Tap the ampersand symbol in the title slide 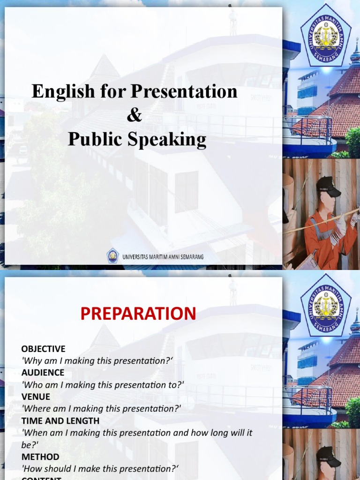[x=135, y=115]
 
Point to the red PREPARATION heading [x=138, y=314]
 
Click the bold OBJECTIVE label [x=43, y=349]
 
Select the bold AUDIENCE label [x=43, y=373]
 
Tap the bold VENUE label [x=36, y=397]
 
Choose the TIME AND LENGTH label [x=60, y=420]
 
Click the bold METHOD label [x=40, y=457]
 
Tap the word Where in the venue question [x=35, y=409]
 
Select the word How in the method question [x=32, y=468]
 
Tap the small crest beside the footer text [x=112, y=255]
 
